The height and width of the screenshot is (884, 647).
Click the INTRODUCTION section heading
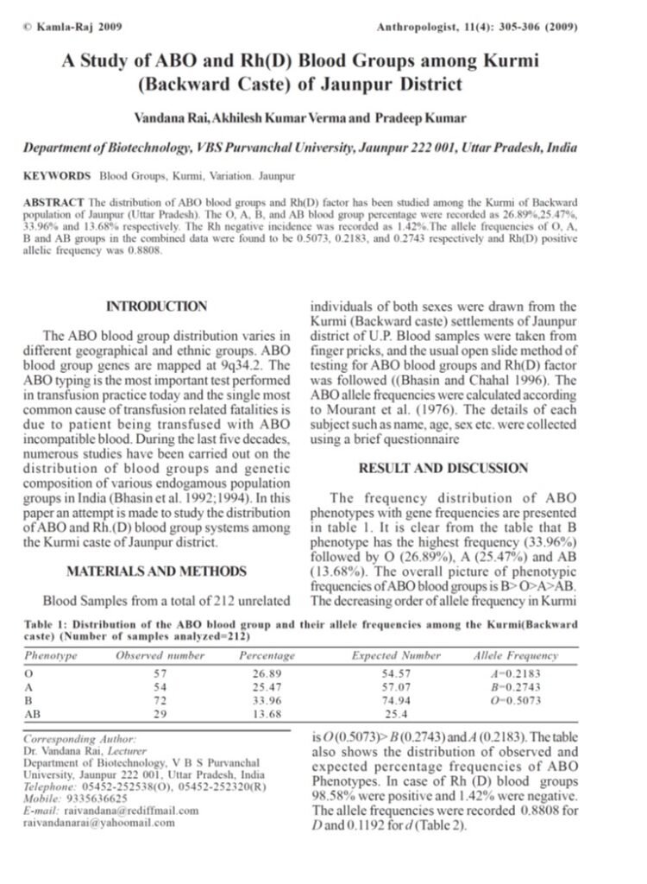click(x=156, y=306)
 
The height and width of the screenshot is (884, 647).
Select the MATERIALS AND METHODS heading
click(x=156, y=571)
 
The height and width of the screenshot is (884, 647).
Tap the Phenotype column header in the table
click(x=51, y=656)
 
